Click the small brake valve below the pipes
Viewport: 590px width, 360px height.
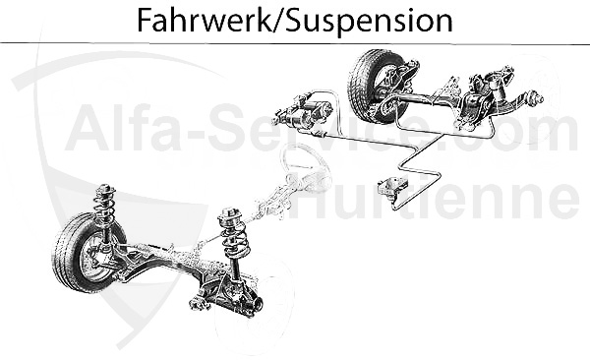[x=397, y=191]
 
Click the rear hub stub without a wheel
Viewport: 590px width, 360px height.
[x=535, y=98]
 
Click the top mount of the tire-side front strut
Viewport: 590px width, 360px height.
[x=104, y=189]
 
